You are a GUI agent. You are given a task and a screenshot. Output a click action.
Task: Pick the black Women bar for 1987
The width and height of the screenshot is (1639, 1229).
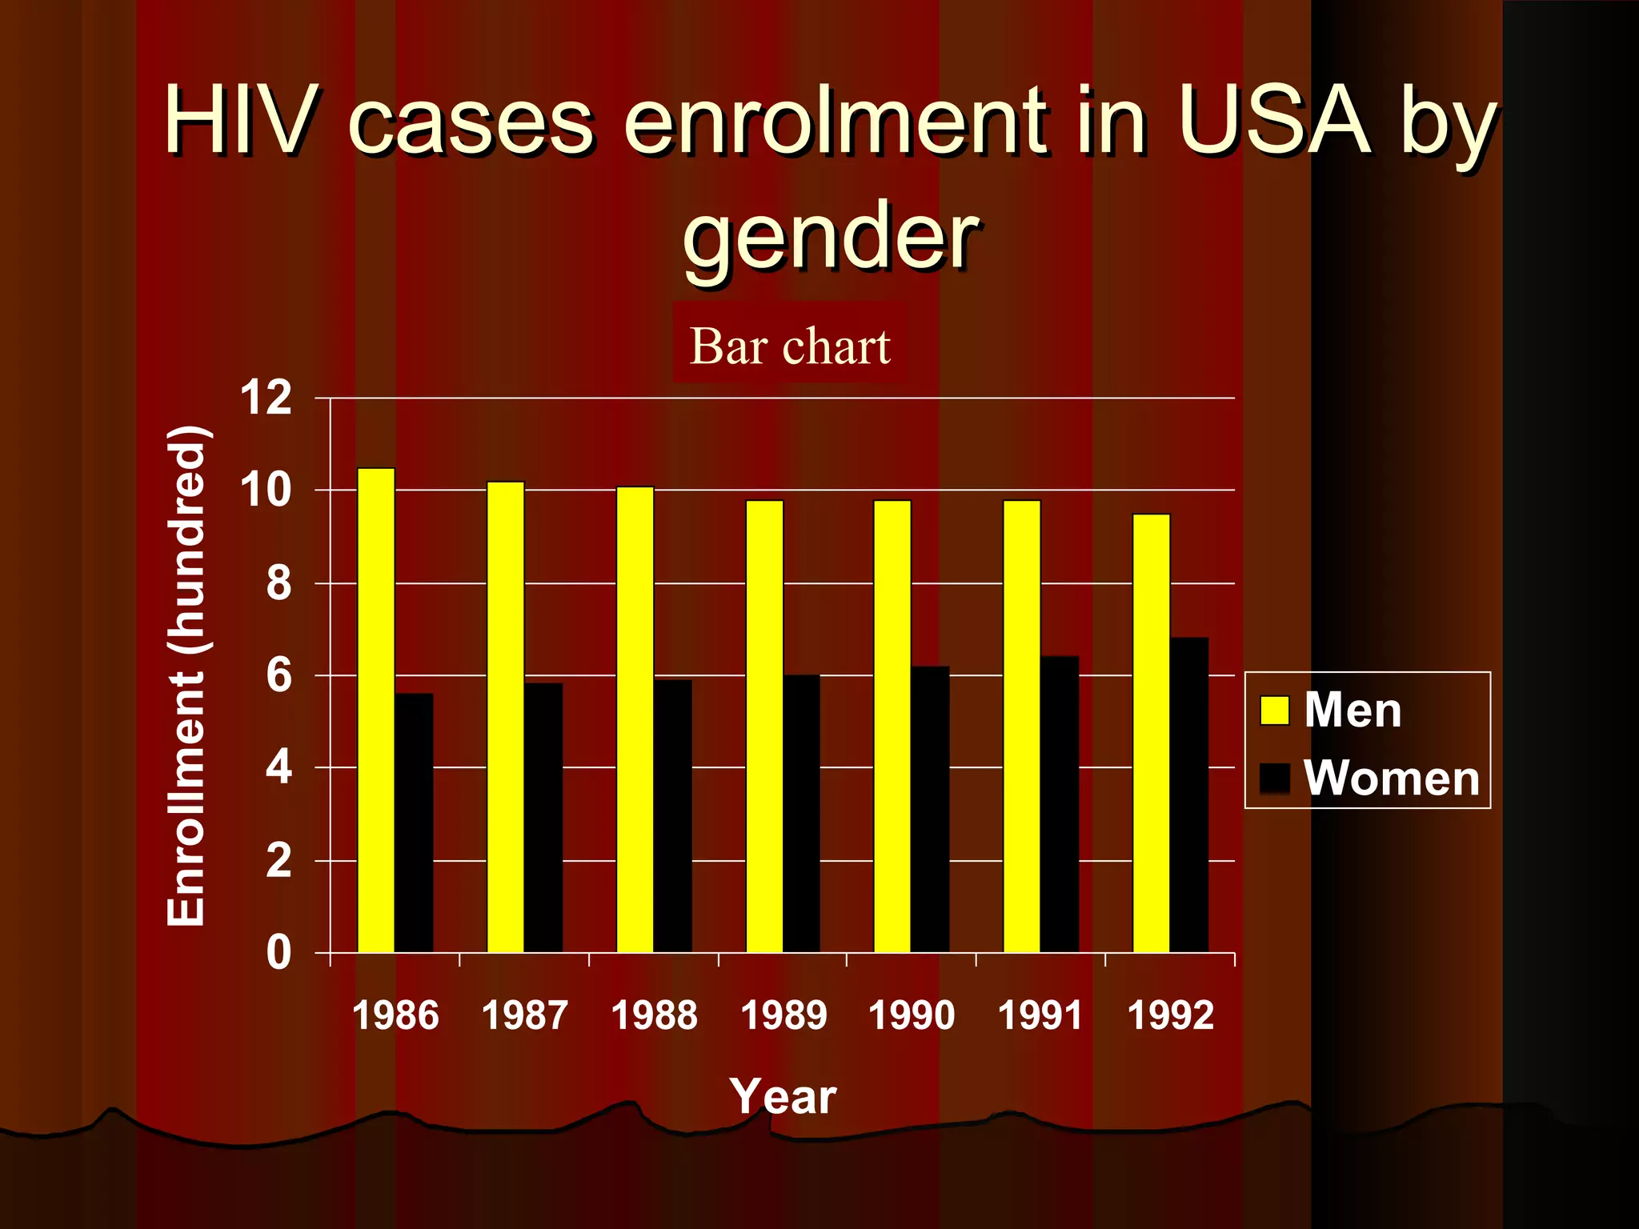543,817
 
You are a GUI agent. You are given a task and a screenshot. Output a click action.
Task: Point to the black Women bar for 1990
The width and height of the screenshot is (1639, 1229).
930,809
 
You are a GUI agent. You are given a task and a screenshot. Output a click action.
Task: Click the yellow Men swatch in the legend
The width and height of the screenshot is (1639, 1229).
1274,710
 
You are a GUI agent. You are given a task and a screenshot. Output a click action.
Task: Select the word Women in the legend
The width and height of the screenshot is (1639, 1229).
1391,778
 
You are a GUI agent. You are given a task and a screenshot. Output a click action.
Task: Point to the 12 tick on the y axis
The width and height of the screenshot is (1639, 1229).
266,398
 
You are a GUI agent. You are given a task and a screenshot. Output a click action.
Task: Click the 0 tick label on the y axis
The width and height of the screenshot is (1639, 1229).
279,953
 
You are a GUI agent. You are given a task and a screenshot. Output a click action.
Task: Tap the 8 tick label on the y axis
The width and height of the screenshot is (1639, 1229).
279,583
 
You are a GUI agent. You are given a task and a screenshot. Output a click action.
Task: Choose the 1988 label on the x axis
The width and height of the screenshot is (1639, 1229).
654,1015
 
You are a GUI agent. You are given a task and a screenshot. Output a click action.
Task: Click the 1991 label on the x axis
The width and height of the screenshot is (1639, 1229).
1040,1015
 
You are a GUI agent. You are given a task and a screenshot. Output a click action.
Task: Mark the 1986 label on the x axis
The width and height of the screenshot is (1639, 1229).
395,1015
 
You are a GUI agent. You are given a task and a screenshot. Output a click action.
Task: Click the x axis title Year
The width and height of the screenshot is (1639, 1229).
782,1096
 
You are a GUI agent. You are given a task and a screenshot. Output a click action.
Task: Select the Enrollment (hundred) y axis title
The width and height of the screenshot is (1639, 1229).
187,676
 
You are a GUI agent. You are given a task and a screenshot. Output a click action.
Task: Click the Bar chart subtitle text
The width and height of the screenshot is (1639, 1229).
789,346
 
